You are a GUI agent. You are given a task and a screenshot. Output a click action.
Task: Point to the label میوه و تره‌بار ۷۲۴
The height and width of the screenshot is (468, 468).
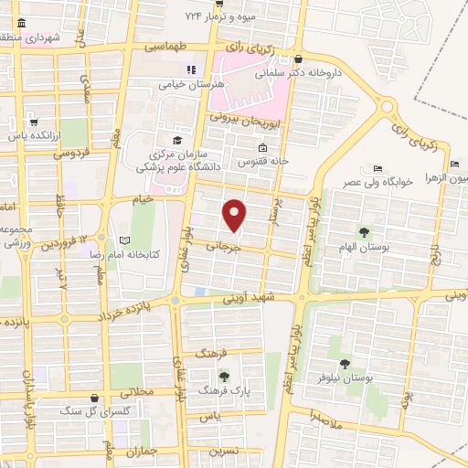[229, 16]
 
